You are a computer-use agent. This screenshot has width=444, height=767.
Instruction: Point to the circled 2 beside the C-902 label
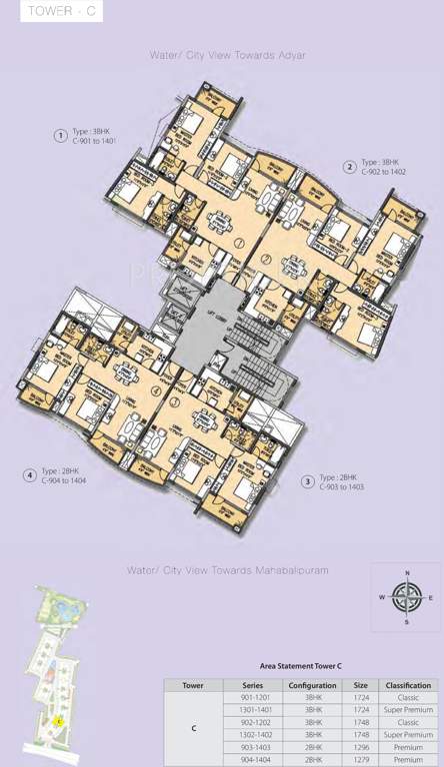[x=349, y=166]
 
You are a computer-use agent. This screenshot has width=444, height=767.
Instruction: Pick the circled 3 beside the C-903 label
[x=307, y=481]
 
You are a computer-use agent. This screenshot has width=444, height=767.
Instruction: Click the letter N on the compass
[x=406, y=573]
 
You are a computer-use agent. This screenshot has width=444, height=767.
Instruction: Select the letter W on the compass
[x=381, y=598]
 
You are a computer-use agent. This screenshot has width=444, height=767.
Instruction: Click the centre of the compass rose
[x=406, y=598]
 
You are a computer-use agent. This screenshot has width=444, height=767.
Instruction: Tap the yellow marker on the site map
[x=58, y=720]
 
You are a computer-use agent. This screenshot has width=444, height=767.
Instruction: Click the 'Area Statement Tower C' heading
[x=301, y=665]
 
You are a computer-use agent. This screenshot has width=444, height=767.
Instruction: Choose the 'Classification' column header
[x=408, y=685]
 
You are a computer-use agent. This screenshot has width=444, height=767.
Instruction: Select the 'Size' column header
[x=360, y=685]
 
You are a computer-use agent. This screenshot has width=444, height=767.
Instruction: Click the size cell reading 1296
[x=360, y=746]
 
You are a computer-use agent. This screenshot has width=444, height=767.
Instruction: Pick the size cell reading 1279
[x=360, y=758]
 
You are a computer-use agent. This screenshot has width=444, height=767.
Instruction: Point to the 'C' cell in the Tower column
[x=193, y=728]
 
